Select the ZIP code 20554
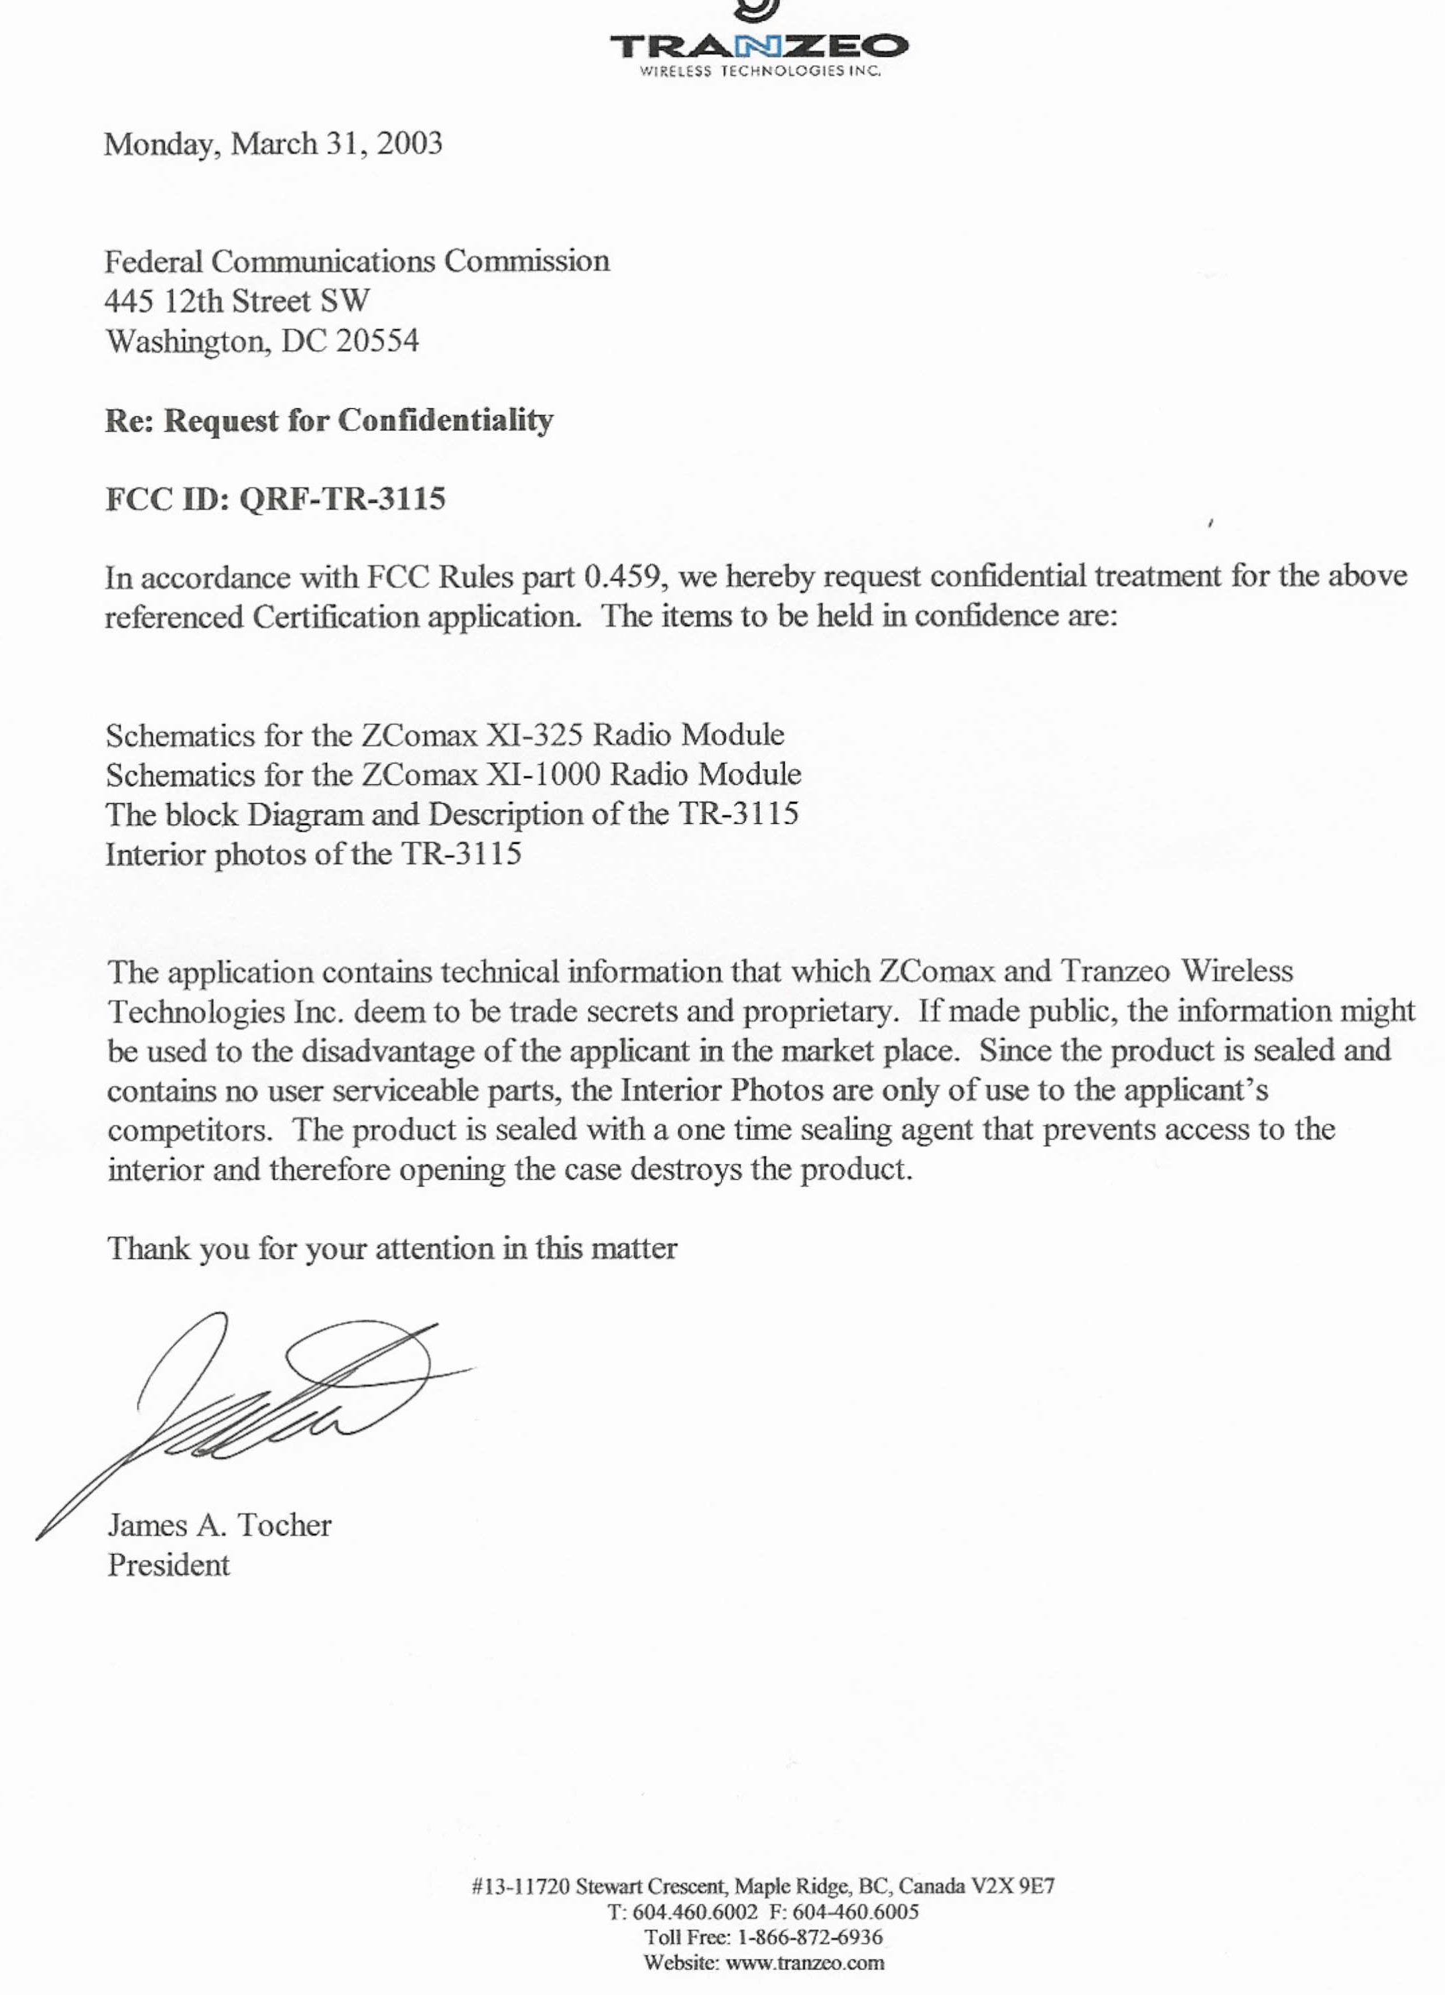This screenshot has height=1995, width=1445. [x=377, y=341]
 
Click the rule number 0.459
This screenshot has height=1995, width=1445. [x=622, y=577]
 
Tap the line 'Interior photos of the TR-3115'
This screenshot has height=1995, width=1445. [x=313, y=854]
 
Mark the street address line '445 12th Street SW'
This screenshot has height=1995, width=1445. [x=237, y=301]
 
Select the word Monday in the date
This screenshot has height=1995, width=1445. [x=162, y=143]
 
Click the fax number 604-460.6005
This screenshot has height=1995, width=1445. [x=855, y=1911]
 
